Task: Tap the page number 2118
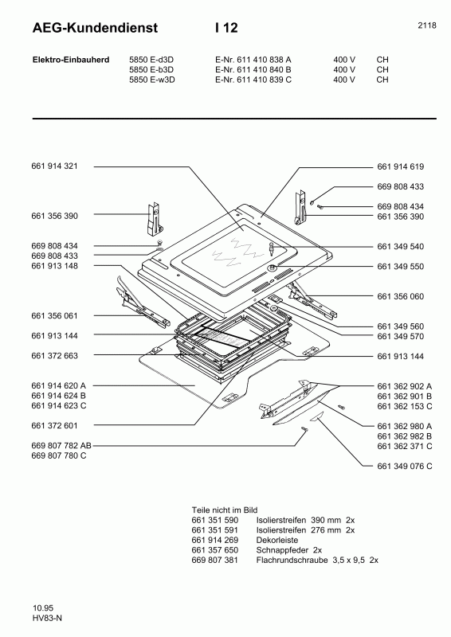pyautogui.click(x=426, y=25)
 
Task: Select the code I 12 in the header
pyautogui.click(x=226, y=28)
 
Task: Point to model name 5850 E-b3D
pyautogui.click(x=151, y=69)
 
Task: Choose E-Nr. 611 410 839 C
pyautogui.click(x=253, y=80)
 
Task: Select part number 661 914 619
pyautogui.click(x=400, y=166)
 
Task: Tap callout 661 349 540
pyautogui.click(x=400, y=246)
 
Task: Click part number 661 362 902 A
pyautogui.click(x=404, y=385)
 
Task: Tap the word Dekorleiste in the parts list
pyautogui.click(x=276, y=540)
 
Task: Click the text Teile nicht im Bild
pyautogui.click(x=225, y=509)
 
